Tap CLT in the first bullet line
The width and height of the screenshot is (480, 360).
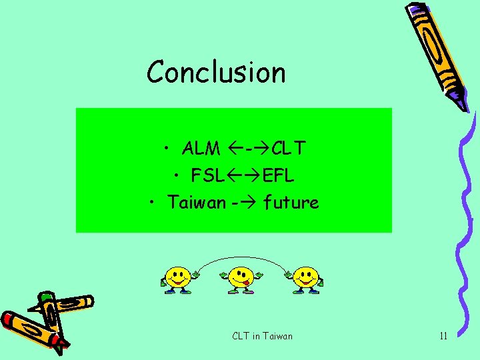pyautogui.click(x=288, y=148)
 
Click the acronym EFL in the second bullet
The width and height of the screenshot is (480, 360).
pyautogui.click(x=279, y=176)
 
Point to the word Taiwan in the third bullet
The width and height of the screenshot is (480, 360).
pyautogui.click(x=197, y=202)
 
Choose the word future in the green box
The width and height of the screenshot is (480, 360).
pyautogui.click(x=291, y=202)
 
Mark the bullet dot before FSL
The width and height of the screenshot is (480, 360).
pyautogui.click(x=177, y=176)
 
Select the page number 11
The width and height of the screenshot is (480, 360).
pyautogui.click(x=443, y=336)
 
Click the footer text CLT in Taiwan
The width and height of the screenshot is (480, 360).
pyautogui.click(x=262, y=336)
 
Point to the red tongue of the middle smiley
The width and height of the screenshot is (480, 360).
pyautogui.click(x=246, y=284)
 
